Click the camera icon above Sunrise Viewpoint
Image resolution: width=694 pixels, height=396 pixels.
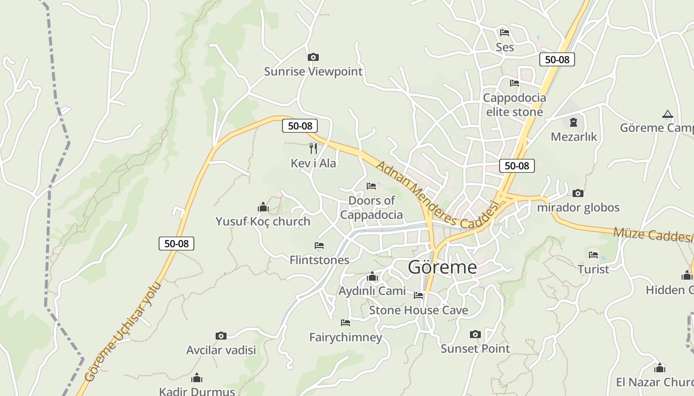[x=313, y=57]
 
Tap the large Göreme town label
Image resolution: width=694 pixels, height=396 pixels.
[x=442, y=267]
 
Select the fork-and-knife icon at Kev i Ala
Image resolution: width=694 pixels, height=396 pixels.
[x=313, y=148]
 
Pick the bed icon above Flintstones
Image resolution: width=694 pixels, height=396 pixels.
[x=319, y=246]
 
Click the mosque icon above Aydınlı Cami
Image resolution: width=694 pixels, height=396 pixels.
[x=372, y=276]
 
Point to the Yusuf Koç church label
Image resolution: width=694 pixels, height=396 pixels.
[x=263, y=221]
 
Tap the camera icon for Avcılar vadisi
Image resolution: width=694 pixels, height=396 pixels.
[x=221, y=336]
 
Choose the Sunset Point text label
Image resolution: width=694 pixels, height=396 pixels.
[x=475, y=348]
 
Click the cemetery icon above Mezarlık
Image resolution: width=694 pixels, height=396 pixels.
[x=574, y=122]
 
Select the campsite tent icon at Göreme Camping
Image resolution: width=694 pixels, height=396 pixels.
[x=668, y=115]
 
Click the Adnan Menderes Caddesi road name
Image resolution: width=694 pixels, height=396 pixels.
[x=436, y=196]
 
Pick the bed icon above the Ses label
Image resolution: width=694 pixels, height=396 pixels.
[x=505, y=33]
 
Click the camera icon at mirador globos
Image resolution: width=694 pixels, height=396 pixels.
[x=578, y=193]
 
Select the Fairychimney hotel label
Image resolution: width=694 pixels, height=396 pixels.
[x=346, y=338]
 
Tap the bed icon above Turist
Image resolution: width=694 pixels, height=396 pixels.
[x=593, y=255]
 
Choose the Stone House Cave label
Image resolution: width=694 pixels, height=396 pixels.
[x=418, y=310]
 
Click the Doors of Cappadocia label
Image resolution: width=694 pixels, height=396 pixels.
[x=371, y=207]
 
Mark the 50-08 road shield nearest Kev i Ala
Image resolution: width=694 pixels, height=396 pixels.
[x=300, y=126]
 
